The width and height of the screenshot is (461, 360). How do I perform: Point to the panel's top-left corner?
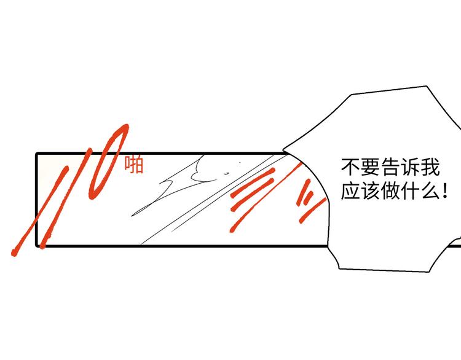pos(37,154)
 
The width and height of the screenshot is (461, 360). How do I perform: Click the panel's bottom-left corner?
pos(37,245)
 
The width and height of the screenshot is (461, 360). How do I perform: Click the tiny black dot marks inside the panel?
pos(227,173)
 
